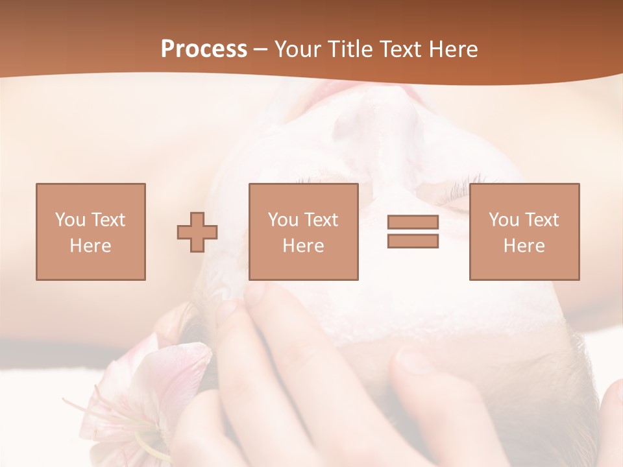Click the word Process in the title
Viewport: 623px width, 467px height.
tap(204, 49)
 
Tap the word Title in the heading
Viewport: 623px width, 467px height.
tap(350, 49)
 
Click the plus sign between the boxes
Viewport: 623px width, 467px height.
tap(197, 232)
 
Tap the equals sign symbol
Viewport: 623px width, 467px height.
tap(413, 232)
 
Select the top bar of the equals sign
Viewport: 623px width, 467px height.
tap(413, 222)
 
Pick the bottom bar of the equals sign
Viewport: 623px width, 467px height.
tap(413, 241)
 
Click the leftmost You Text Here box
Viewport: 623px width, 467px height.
tap(91, 232)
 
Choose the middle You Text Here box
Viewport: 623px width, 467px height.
tap(304, 232)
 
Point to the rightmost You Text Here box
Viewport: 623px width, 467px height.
tap(524, 232)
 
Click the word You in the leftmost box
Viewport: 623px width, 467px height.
tap(69, 220)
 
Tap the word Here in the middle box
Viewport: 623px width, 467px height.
tap(304, 246)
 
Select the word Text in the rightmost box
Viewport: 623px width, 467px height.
tap(541, 220)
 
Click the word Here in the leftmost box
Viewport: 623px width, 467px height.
tap(91, 246)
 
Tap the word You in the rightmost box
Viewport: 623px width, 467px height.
tap(504, 220)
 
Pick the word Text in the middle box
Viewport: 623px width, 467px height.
tap(321, 220)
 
